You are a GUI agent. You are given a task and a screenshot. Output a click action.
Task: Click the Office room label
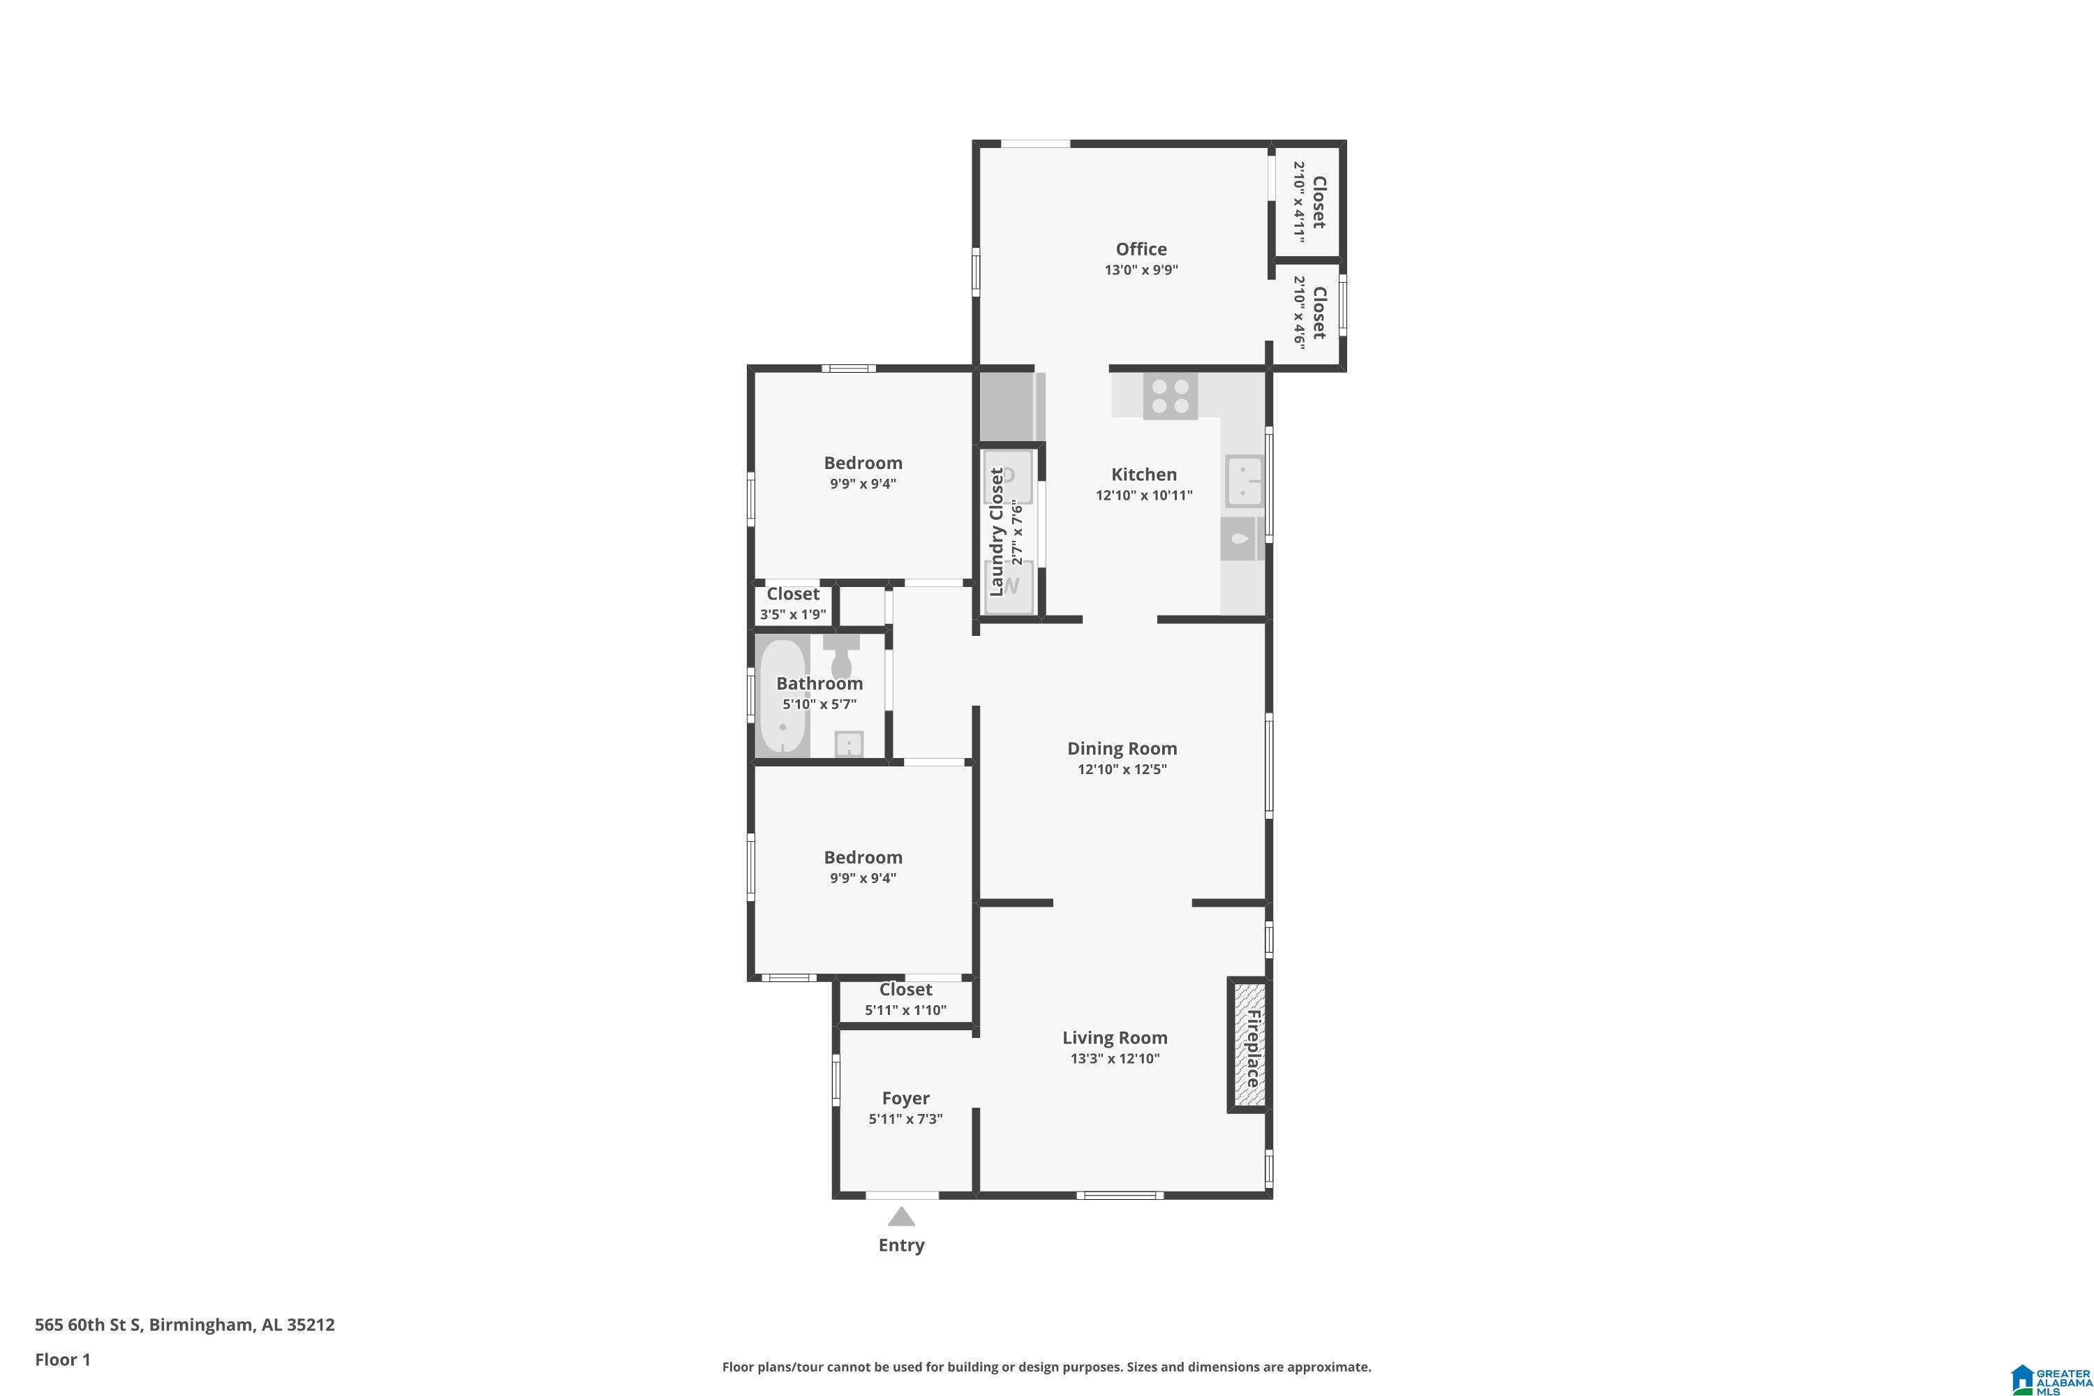click(1141, 249)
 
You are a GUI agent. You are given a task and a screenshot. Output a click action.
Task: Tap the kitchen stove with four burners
click(1170, 396)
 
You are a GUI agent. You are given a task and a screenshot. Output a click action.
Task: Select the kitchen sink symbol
click(1244, 480)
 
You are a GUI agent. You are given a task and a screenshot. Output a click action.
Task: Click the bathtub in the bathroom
click(782, 696)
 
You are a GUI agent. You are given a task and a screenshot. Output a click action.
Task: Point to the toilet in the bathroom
click(841, 655)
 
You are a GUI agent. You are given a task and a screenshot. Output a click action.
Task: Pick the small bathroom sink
click(849, 743)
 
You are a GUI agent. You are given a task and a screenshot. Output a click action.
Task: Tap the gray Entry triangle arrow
click(901, 1216)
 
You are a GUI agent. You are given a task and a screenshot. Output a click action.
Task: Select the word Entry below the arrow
click(901, 1245)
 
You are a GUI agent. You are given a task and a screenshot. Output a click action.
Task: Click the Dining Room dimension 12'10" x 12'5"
click(1122, 769)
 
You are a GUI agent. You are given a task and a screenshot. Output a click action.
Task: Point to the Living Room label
click(1115, 1038)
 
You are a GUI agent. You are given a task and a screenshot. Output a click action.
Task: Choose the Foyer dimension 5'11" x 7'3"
click(905, 1119)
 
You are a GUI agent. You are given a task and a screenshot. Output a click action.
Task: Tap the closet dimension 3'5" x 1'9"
click(792, 615)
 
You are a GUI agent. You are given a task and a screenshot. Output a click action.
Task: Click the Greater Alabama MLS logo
click(2051, 1378)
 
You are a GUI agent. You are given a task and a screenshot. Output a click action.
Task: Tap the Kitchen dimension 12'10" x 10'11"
click(1144, 496)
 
